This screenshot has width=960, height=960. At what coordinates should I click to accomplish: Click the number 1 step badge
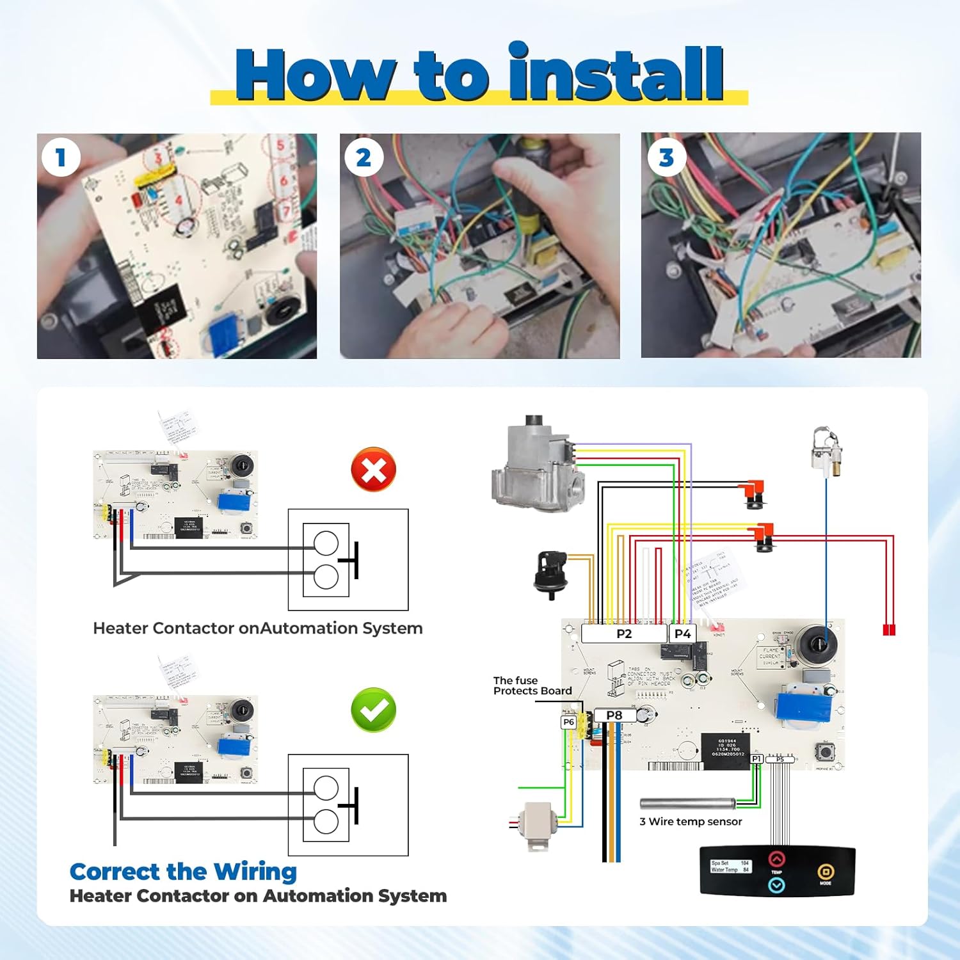[x=61, y=157]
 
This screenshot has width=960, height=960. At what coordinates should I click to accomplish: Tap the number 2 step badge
[x=364, y=157]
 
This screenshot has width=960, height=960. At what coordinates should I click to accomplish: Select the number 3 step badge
[x=666, y=157]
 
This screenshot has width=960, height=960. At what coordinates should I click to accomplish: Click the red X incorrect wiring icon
[x=374, y=470]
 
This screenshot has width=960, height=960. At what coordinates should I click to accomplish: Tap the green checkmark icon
[x=374, y=710]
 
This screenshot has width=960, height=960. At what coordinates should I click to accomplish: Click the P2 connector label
[x=624, y=634]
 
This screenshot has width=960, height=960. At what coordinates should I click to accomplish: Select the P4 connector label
[x=683, y=634]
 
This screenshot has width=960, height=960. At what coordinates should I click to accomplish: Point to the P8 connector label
[x=614, y=715]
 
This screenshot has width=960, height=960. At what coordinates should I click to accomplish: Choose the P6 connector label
[x=568, y=722]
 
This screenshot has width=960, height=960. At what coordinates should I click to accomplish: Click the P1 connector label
[x=756, y=758]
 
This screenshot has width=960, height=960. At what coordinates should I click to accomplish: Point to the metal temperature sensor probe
[x=688, y=803]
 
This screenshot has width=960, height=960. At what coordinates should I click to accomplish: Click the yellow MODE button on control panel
[x=825, y=872]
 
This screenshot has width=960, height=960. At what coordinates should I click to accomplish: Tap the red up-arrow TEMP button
[x=776, y=859]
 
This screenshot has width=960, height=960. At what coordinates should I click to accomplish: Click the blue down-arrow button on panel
[x=776, y=885]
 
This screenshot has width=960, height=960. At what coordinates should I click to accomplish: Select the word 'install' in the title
[x=616, y=74]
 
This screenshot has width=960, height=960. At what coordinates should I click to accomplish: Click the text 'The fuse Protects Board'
[x=532, y=685]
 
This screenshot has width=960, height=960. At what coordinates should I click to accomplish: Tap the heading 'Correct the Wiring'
[x=183, y=871]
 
